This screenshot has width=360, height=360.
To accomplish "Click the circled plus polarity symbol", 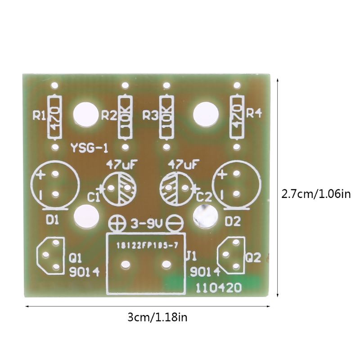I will pyautogui.click(x=118, y=222).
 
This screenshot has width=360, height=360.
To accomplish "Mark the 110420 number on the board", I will pyautogui.click(x=218, y=288).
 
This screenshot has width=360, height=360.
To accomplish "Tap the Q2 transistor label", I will pyautogui.click(x=253, y=257).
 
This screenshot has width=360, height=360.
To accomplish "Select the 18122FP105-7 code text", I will pyautogui.click(x=145, y=246).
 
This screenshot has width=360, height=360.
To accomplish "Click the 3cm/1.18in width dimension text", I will pyautogui.click(x=157, y=318).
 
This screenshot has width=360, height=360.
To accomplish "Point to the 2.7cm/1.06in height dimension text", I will pyautogui.click(x=315, y=194).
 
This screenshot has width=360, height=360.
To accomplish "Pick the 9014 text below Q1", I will pyautogui.click(x=84, y=272).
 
